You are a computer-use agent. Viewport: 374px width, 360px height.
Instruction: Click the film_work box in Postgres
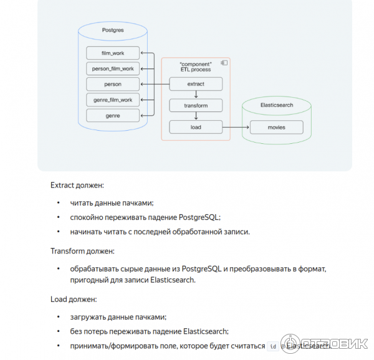click(x=113, y=54)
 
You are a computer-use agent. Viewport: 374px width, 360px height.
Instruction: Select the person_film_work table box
click(x=113, y=69)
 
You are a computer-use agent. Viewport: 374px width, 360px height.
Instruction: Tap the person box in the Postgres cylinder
click(x=113, y=84)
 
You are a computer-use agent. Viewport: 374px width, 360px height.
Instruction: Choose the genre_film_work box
click(x=113, y=100)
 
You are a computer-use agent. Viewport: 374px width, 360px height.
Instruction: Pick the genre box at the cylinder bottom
click(x=113, y=115)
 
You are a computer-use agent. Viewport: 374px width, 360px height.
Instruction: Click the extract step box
click(x=196, y=84)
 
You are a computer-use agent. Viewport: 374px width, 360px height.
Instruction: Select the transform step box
click(x=196, y=106)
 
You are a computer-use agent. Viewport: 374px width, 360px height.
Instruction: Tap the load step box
click(x=196, y=128)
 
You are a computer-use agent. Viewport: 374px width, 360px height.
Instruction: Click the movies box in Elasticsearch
click(x=276, y=128)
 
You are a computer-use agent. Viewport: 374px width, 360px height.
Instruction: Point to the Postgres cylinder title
click(x=113, y=30)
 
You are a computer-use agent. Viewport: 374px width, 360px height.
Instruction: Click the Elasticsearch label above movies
click(x=276, y=106)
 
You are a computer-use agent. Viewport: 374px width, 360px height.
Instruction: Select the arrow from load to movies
click(x=236, y=128)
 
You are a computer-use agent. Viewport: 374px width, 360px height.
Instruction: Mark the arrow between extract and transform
click(x=196, y=95)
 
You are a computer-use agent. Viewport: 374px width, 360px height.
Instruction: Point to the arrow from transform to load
click(x=196, y=116)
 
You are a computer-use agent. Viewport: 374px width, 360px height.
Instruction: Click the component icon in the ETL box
click(x=224, y=63)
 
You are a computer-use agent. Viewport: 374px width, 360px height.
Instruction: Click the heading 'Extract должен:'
click(x=77, y=185)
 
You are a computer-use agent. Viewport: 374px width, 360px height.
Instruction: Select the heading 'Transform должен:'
click(x=82, y=251)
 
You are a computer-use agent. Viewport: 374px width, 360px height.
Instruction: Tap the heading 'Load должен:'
click(x=73, y=299)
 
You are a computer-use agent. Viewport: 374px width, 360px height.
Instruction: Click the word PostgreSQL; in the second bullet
click(x=199, y=217)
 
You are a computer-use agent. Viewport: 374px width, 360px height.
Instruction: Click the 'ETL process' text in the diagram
click(x=196, y=70)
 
